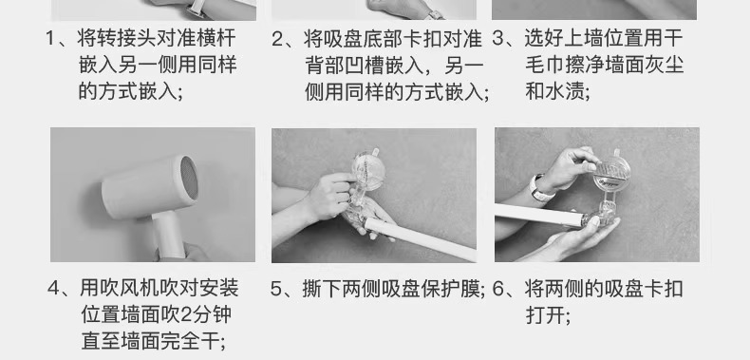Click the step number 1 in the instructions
pyautogui.click(x=51, y=39)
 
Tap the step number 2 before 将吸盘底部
pyautogui.click(x=277, y=39)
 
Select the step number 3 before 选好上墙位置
pyautogui.click(x=498, y=39)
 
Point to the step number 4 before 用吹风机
pyautogui.click(x=53, y=289)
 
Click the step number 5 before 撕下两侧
pyautogui.click(x=276, y=289)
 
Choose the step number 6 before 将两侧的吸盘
pyautogui.click(x=498, y=289)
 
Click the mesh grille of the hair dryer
pyautogui.click(x=189, y=178)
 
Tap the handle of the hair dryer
pyautogui.click(x=168, y=235)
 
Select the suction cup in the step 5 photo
pyautogui.click(x=367, y=170)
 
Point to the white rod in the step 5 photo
pyautogui.click(x=420, y=239)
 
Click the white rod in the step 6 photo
pyautogui.click(x=539, y=215)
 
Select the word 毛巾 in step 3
pyautogui.click(x=545, y=66)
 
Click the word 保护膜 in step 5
pyautogui.click(x=451, y=289)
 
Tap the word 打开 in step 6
pyautogui.click(x=545, y=315)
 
